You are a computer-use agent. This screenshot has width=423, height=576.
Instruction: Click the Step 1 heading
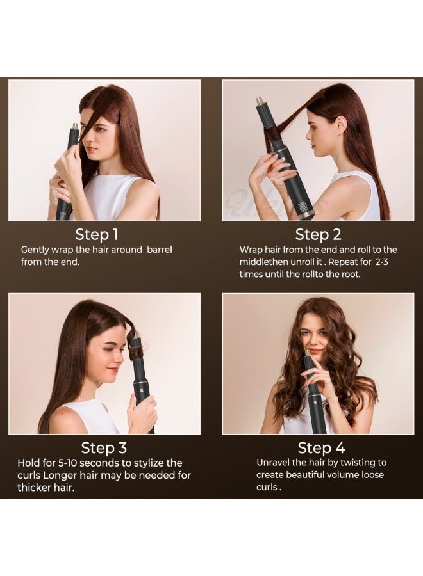(97, 234)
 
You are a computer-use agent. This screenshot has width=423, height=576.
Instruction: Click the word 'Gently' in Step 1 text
(36, 250)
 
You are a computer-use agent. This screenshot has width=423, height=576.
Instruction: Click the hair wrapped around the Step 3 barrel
(135, 351)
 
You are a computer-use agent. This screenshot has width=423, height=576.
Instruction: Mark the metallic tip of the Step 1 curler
(75, 126)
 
